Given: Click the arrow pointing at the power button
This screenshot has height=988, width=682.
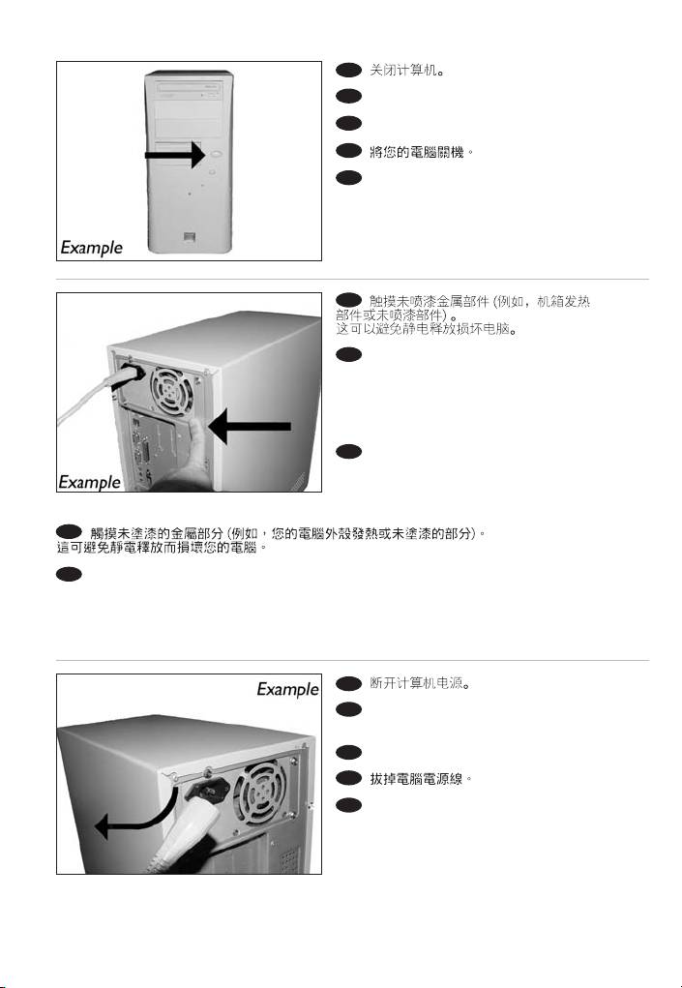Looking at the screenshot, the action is [175, 155].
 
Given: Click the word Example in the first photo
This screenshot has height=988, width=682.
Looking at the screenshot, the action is [92, 248].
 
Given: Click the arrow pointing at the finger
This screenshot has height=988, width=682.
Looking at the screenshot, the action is [250, 427].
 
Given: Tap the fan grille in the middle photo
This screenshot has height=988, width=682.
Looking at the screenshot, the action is [171, 392].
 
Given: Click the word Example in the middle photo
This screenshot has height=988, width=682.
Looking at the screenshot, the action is [89, 482].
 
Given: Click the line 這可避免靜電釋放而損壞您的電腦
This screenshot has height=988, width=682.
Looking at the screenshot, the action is [162, 548].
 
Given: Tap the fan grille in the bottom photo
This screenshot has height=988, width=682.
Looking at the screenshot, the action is [259, 793].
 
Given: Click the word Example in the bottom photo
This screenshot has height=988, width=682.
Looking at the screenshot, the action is [287, 689].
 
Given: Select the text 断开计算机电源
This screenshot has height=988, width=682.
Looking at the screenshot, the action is [420, 683].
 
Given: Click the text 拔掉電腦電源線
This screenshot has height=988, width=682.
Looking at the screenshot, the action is [421, 779].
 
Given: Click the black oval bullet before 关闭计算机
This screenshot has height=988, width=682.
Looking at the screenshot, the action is [348, 70].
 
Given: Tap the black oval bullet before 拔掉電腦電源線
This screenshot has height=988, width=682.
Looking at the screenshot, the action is [348, 778].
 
